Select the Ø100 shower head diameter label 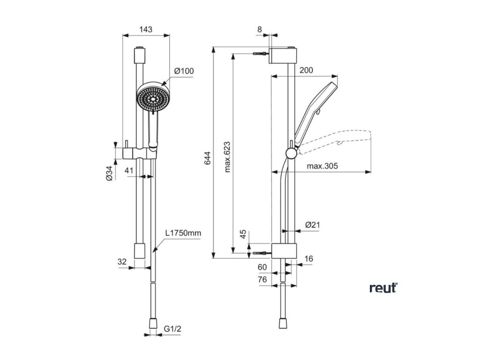[x=183, y=71]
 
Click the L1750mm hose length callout [x=182, y=233]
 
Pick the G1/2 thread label [x=172, y=330]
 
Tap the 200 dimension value [x=306, y=70]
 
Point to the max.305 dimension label [x=322, y=166]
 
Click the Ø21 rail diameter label [x=312, y=225]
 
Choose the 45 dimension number [x=243, y=234]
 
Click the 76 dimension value [x=262, y=279]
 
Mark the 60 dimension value [x=262, y=267]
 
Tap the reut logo [x=383, y=288]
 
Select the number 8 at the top [x=260, y=29]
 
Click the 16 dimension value [x=308, y=259]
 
